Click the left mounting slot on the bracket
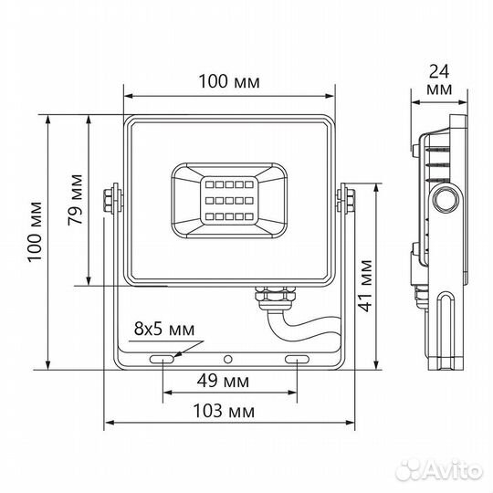point(164,362)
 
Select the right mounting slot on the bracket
point(298,362)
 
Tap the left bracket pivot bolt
point(112,200)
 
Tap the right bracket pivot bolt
point(347,200)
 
